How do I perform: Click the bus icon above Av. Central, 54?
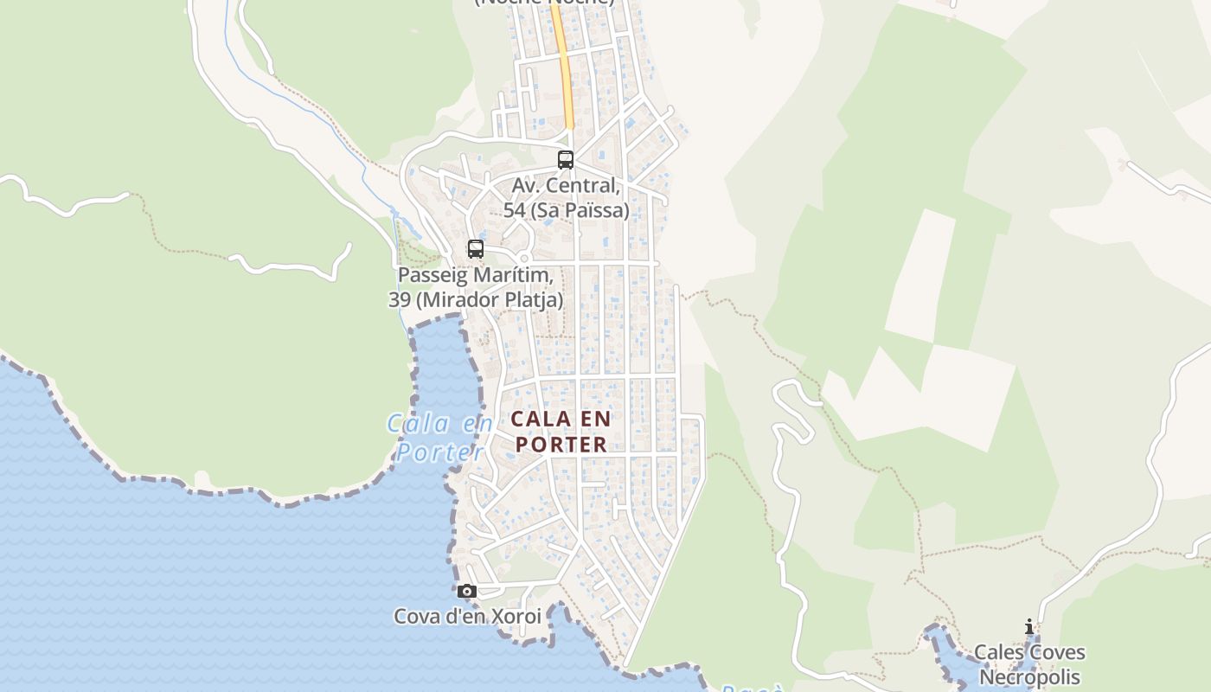pyautogui.click(x=566, y=160)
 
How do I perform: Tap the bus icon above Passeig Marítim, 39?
pyautogui.click(x=475, y=249)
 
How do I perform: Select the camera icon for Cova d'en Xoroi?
pyautogui.click(x=467, y=592)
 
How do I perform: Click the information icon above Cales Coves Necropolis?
pyautogui.click(x=1028, y=627)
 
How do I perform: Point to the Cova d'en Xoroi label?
pyautogui.click(x=467, y=617)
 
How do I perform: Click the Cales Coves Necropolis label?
pyautogui.click(x=1029, y=664)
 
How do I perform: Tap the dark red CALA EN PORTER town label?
pyautogui.click(x=561, y=431)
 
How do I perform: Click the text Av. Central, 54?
pyautogui.click(x=566, y=185)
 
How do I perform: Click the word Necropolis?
pyautogui.click(x=1029, y=676)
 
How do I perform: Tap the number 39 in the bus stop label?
pyautogui.click(x=399, y=300)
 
